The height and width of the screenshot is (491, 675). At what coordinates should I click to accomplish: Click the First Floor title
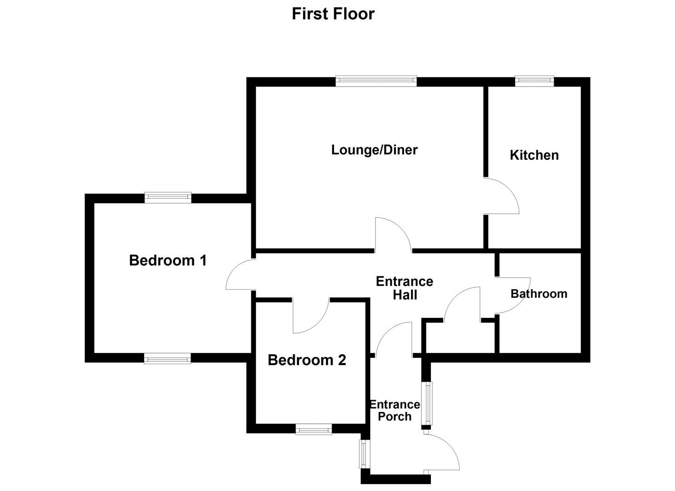pos(333,14)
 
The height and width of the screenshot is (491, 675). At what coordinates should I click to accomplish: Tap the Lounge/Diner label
pos(374,150)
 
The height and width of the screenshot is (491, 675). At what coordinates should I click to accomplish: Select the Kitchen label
pos(534,155)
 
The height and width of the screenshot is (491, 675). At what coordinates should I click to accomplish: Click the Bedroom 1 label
pos(168,261)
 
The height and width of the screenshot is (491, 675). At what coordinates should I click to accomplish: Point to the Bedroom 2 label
pos(307,360)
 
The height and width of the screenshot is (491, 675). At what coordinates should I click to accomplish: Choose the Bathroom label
pos(539,294)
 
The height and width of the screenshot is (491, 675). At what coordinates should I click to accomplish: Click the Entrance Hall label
pos(404,288)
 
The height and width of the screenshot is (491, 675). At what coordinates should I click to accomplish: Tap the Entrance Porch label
pos(394,411)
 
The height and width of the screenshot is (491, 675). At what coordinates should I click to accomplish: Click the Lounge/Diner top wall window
pos(376,81)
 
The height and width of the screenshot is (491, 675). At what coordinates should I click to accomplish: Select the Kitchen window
pos(534,81)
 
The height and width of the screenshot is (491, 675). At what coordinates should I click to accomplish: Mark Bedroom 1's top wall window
pos(168,198)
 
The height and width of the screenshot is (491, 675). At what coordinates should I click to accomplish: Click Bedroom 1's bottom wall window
pos(167,358)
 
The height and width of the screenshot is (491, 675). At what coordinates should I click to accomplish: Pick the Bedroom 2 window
pos(313,429)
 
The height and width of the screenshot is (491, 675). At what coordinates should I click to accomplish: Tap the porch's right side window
pos(427,403)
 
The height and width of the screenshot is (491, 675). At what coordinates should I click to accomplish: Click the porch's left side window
pos(364,454)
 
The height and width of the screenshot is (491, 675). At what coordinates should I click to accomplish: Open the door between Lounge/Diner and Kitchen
pos(500,196)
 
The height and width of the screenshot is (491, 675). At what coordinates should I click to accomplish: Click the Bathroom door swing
pos(512,296)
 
